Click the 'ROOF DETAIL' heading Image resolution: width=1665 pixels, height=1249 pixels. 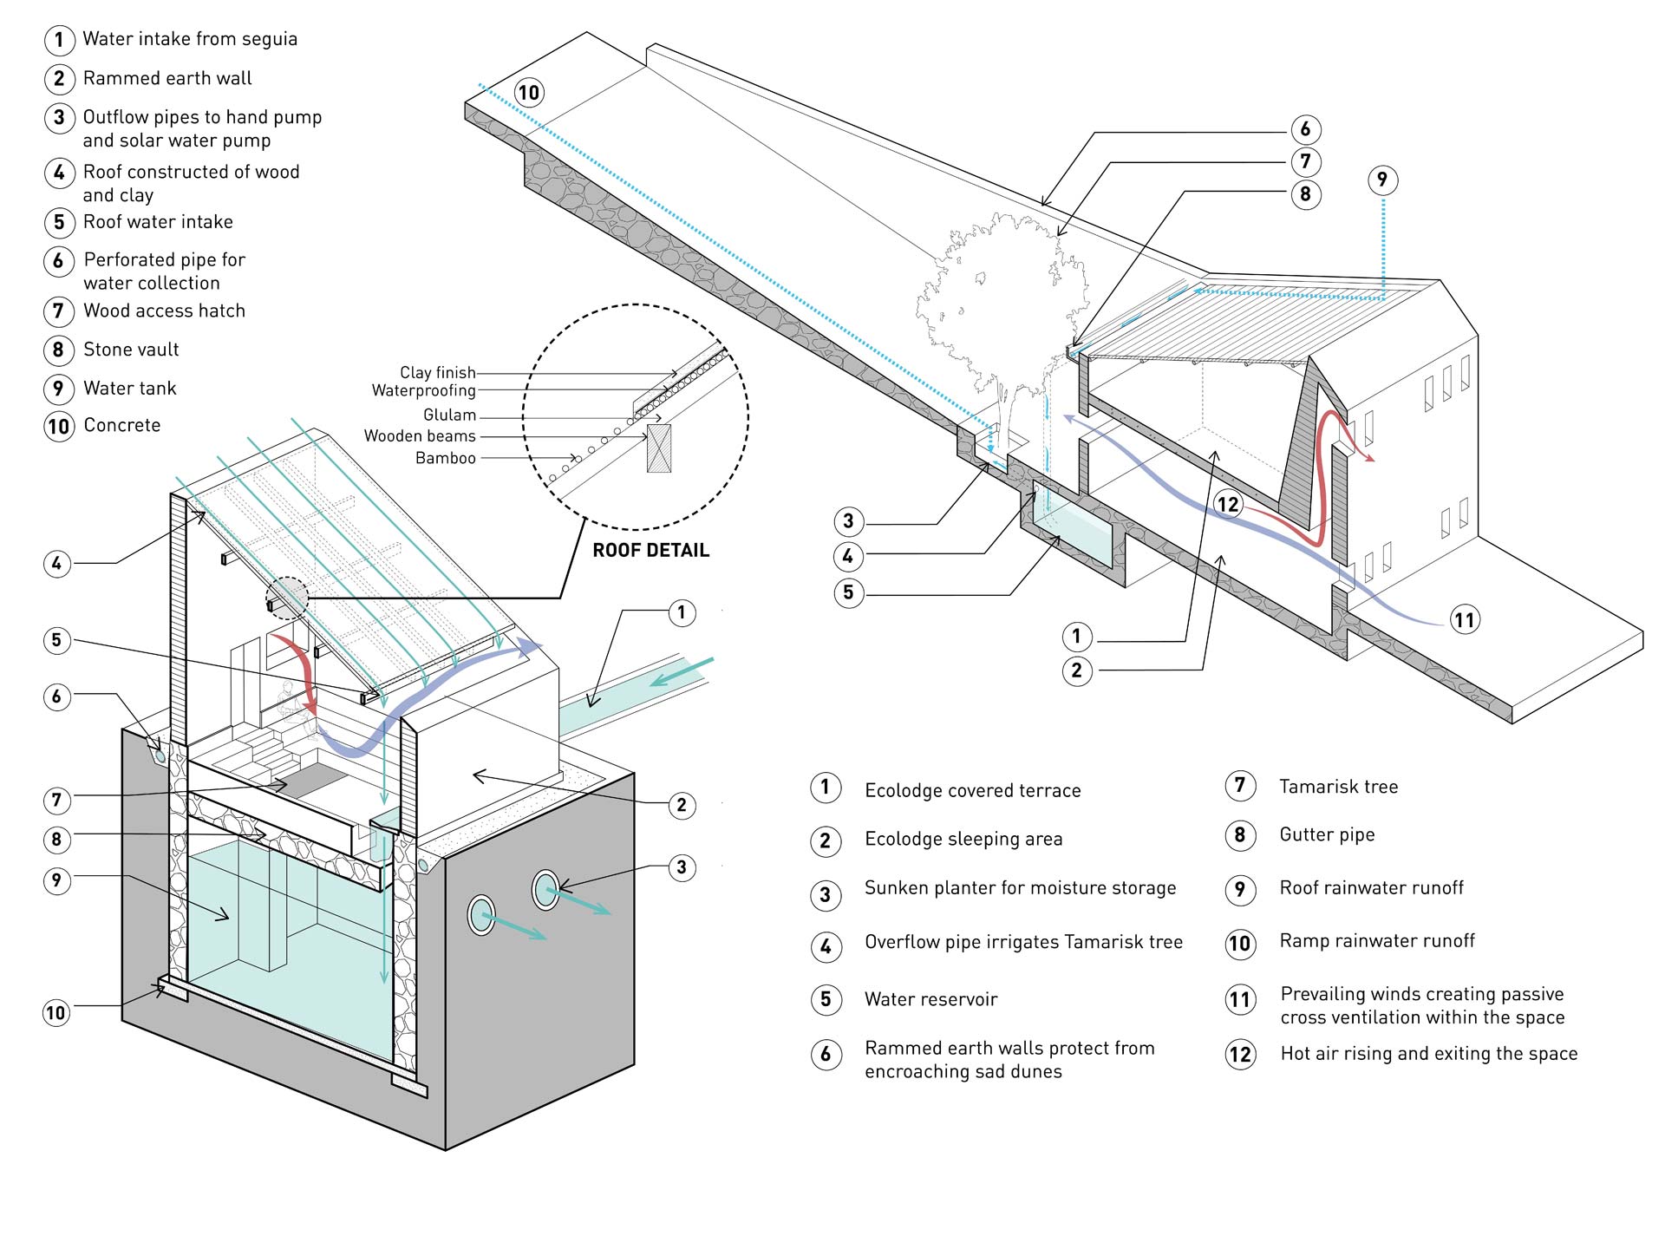click(650, 550)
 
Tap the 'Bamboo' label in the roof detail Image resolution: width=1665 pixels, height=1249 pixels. click(445, 458)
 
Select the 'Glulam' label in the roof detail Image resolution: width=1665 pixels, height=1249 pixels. click(449, 415)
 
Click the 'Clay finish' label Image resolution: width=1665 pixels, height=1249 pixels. click(437, 373)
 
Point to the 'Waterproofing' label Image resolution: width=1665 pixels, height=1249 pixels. click(423, 390)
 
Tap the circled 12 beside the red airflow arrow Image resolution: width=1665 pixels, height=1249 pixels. click(1228, 505)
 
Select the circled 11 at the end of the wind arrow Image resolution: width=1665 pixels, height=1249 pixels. click(1464, 620)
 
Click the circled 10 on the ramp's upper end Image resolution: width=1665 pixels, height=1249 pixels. click(528, 92)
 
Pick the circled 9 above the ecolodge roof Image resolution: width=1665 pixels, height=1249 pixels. click(1382, 180)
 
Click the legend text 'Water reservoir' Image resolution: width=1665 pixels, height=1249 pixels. click(930, 999)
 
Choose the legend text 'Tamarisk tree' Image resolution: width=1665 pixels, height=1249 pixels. click(1338, 787)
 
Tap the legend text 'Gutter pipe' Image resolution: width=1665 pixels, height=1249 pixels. click(1327, 834)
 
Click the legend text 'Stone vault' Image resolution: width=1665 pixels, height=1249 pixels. click(131, 350)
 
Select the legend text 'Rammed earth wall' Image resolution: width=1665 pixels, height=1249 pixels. click(167, 78)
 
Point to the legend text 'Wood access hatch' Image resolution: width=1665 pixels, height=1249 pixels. click(164, 311)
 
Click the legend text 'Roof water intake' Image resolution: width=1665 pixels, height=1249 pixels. click(158, 222)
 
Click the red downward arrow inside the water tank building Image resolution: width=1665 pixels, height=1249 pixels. click(299, 672)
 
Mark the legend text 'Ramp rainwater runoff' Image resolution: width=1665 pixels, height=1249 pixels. click(1377, 941)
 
